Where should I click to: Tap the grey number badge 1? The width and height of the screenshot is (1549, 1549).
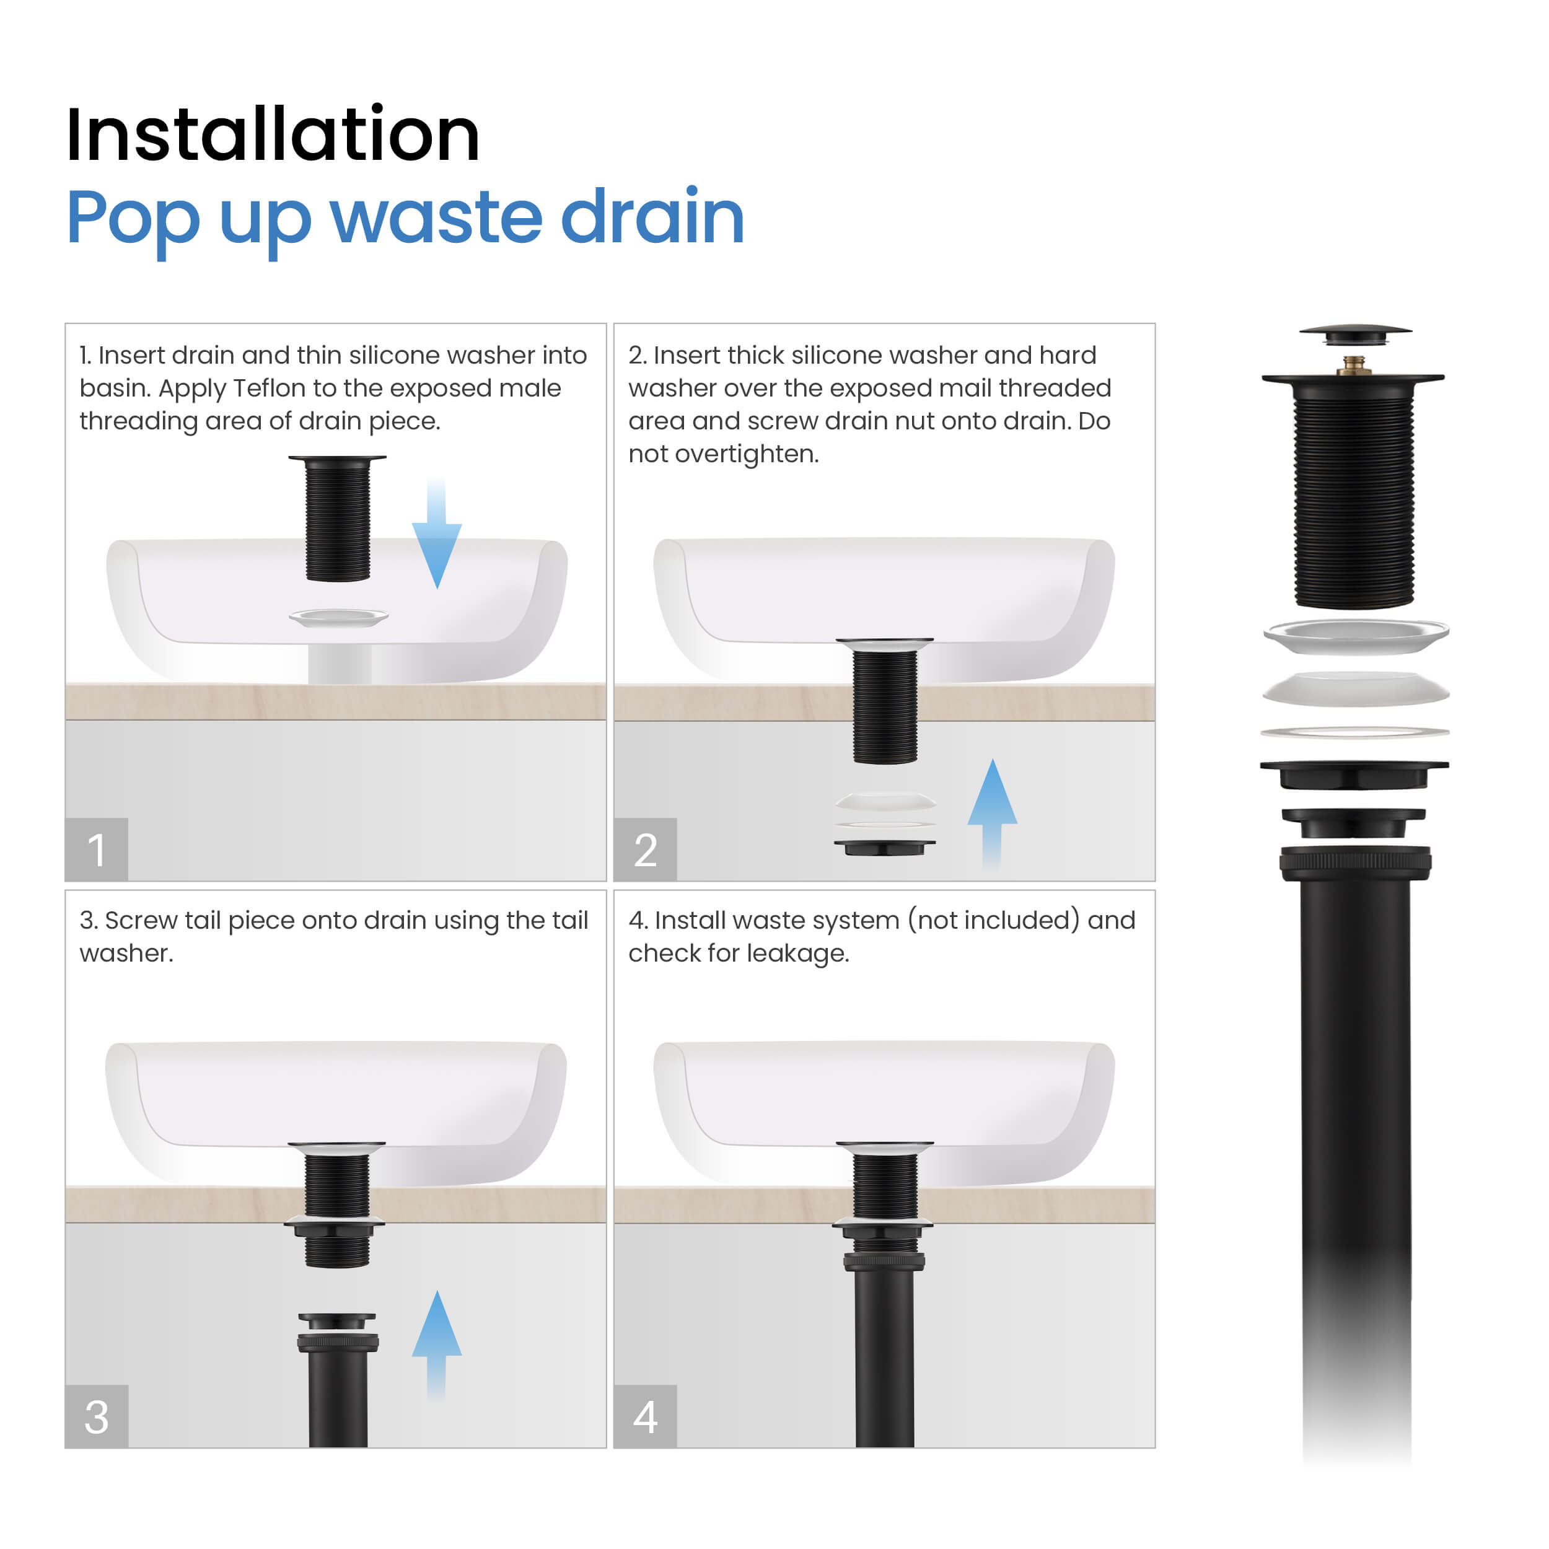[96, 850]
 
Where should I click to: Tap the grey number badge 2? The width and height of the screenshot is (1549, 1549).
[646, 850]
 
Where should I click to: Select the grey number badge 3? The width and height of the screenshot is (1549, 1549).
[96, 1416]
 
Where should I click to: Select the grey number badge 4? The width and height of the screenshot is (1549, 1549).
[646, 1416]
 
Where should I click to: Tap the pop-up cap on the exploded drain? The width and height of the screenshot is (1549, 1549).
[1354, 333]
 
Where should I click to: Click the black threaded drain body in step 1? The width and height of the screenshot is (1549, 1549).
[338, 521]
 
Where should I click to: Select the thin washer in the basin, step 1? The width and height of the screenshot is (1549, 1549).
[338, 617]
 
